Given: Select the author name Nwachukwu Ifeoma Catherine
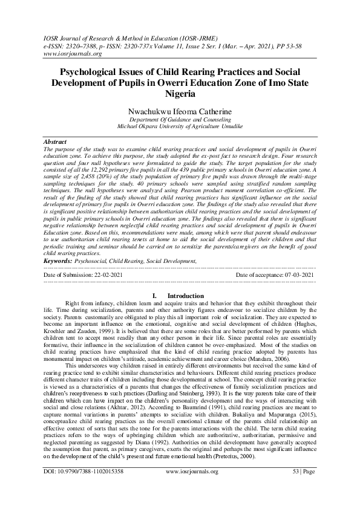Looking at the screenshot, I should (180, 112).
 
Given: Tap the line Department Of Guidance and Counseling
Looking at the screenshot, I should (180, 120).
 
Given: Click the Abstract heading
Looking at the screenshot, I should (56, 140).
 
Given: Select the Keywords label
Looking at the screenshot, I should (58, 261).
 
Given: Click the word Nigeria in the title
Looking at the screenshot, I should (180, 94).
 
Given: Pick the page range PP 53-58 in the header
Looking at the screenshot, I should (298, 45).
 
